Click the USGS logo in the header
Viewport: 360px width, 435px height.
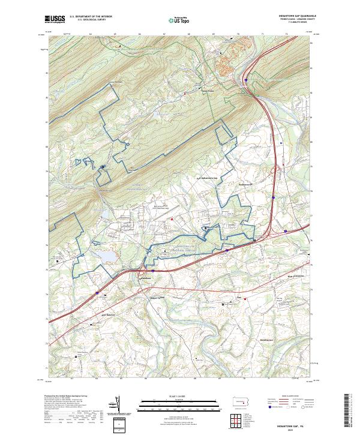click(x=55, y=20)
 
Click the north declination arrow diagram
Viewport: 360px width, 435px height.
click(x=128, y=408)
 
